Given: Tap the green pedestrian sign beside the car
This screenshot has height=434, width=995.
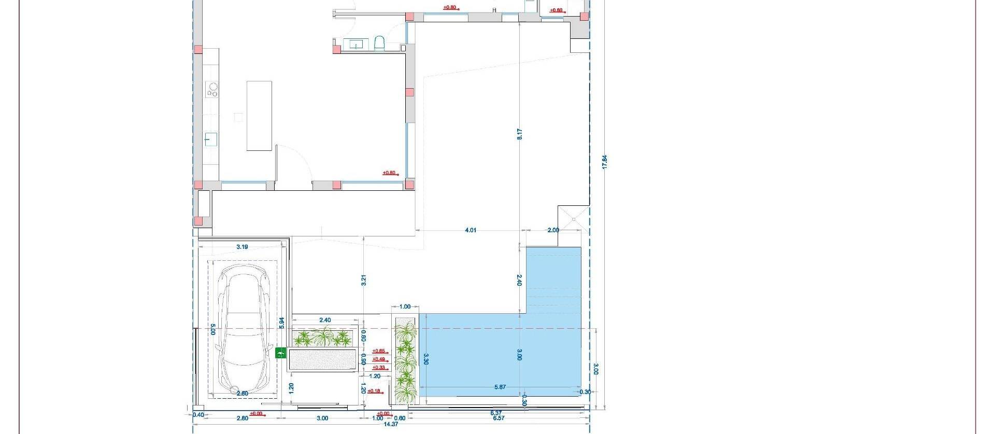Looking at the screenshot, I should pyautogui.click(x=280, y=353).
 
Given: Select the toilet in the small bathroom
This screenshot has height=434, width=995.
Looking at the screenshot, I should pyautogui.click(x=379, y=44).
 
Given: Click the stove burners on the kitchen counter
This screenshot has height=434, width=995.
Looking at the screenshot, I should pyautogui.click(x=212, y=90).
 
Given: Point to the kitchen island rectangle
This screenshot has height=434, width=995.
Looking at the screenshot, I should pyautogui.click(x=259, y=116).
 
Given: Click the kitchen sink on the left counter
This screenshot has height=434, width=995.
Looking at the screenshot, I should pyautogui.click(x=210, y=139).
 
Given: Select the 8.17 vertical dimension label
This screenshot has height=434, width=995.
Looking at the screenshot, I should pyautogui.click(x=519, y=134).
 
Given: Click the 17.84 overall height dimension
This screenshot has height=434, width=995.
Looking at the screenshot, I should pyautogui.click(x=604, y=161).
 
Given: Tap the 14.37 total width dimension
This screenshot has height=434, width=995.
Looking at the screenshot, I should pyautogui.click(x=391, y=424).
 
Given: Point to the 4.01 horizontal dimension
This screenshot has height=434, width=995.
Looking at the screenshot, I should pyautogui.click(x=470, y=230).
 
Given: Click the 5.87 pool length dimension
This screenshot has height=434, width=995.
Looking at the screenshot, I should pyautogui.click(x=500, y=387).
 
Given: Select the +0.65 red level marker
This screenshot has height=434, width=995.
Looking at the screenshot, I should pyautogui.click(x=379, y=351).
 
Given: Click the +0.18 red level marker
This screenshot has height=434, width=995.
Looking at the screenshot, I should pyautogui.click(x=374, y=391).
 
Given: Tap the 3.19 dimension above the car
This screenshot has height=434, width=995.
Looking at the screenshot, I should pyautogui.click(x=242, y=247).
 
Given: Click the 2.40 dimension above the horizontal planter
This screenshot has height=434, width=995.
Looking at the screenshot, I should pyautogui.click(x=325, y=320).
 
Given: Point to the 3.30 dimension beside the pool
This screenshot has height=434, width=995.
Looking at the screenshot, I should pyautogui.click(x=425, y=359).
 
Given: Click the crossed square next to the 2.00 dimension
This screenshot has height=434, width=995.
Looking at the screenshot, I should pyautogui.click(x=574, y=219).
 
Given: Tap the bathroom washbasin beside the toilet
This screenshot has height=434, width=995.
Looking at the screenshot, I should pyautogui.click(x=357, y=44).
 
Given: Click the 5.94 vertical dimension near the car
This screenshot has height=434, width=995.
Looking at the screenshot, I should pyautogui.click(x=281, y=323).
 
